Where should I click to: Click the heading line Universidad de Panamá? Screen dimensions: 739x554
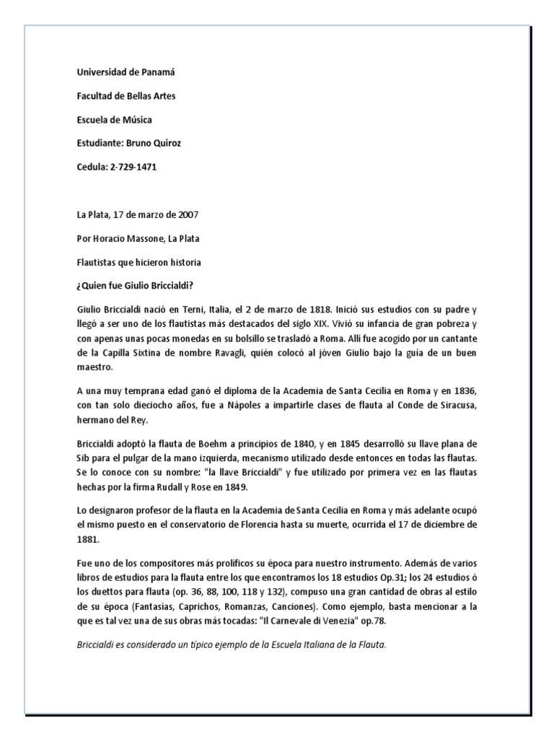point(126,73)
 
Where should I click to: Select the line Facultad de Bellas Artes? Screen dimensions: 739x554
point(126,96)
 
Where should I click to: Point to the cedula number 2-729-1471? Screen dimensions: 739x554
point(133,167)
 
